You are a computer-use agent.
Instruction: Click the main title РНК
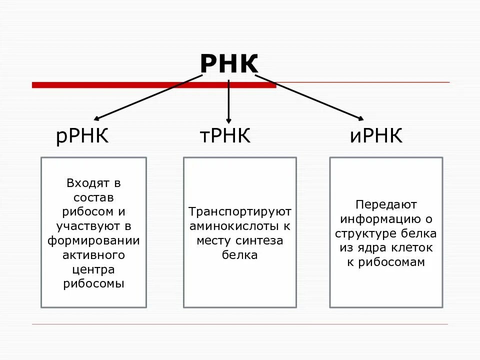(x=229, y=64)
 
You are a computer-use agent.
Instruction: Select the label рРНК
(x=82, y=136)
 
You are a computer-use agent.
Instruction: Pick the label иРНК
(x=376, y=136)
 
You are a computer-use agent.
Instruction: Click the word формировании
(x=93, y=240)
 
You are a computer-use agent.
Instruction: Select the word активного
(x=93, y=255)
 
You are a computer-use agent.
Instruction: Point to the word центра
(x=93, y=269)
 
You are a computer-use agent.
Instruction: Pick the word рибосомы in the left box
(x=93, y=284)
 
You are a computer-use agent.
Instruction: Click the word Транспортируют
(x=239, y=211)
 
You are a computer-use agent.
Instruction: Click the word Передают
(x=385, y=204)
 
